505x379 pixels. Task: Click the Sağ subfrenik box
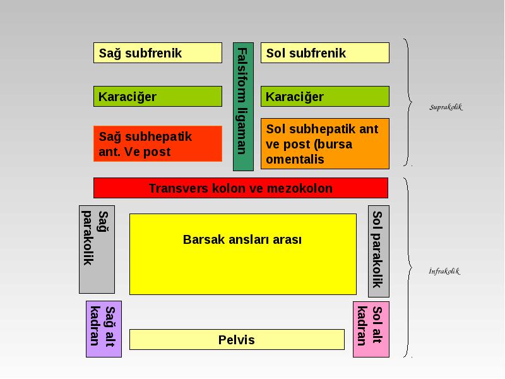point(157,52)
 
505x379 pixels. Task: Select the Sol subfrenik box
point(325,52)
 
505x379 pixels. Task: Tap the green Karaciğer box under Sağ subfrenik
point(157,96)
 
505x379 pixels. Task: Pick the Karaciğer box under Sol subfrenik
point(325,96)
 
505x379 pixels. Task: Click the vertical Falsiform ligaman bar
point(243,106)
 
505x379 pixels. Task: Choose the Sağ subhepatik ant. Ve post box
point(157,144)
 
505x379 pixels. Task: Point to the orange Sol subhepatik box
point(325,144)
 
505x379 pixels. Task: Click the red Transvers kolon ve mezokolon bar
point(241,188)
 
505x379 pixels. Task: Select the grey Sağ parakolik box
point(97,250)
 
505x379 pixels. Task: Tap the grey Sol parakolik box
point(379,251)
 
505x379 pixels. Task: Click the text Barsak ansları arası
point(242,239)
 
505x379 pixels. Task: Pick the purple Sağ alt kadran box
point(104,329)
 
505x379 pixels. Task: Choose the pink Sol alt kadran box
point(371,329)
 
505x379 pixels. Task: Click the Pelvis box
point(237,339)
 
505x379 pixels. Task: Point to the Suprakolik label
point(446,107)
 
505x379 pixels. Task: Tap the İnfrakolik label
point(444,271)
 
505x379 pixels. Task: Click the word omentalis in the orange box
point(295,159)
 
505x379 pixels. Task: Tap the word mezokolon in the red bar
point(300,188)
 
